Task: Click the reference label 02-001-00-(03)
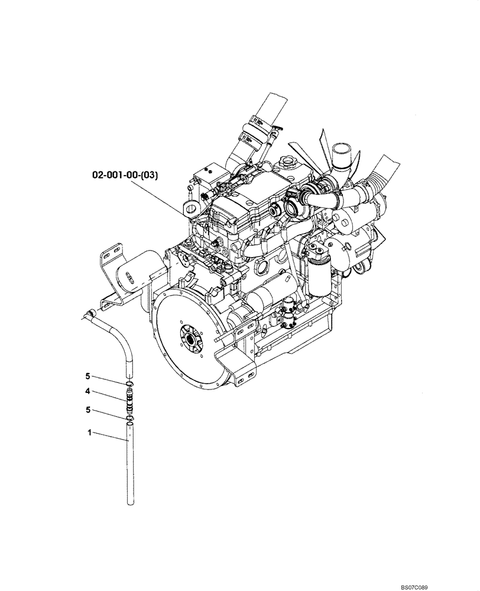click(x=124, y=175)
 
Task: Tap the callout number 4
click(x=87, y=391)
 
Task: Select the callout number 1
click(x=89, y=433)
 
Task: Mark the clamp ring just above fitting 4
click(x=129, y=387)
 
